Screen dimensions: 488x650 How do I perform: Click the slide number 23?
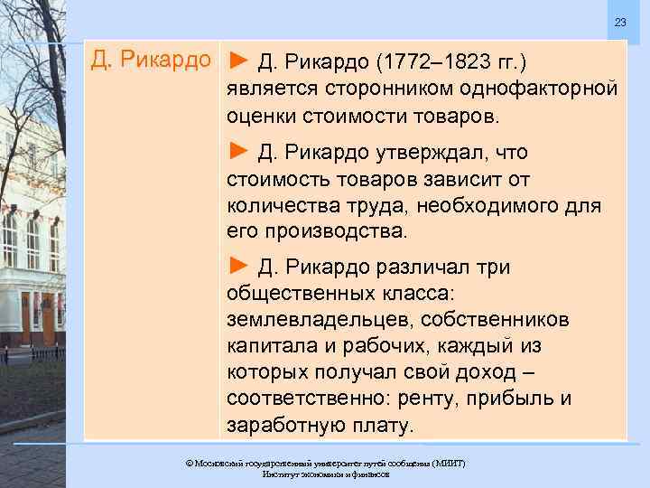tap(619, 22)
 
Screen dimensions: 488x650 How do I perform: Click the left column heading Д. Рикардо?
tap(152, 61)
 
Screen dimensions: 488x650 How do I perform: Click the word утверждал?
tap(431, 151)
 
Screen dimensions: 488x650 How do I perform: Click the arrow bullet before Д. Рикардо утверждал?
tap(237, 150)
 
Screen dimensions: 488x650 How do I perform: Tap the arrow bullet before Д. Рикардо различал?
tap(237, 266)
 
